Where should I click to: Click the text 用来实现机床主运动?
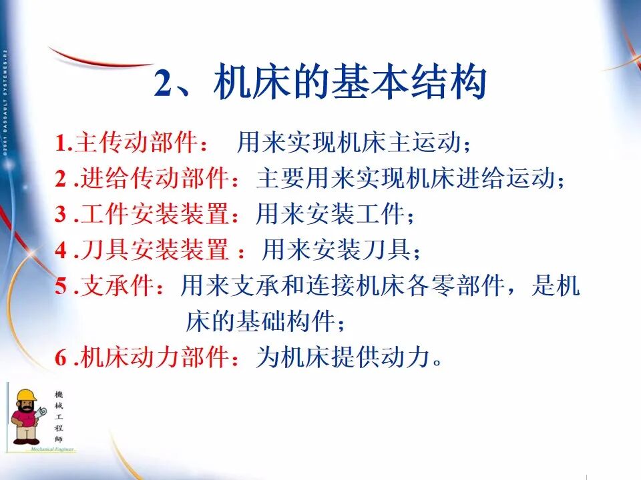point(351,143)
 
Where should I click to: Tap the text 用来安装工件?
point(331,215)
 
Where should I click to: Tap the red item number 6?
point(61,359)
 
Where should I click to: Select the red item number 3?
point(61,215)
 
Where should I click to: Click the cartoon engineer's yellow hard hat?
point(26,396)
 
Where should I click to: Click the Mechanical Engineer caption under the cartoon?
point(52,450)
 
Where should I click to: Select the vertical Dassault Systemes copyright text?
point(5,100)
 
